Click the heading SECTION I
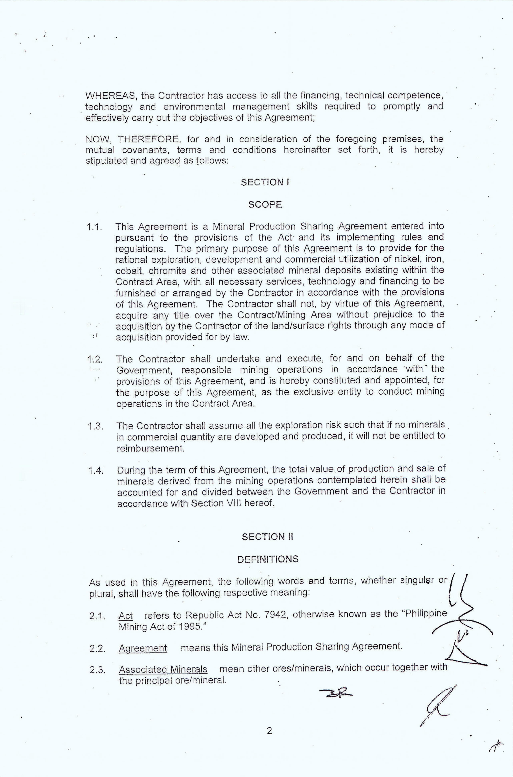[265, 182]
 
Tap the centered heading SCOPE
[265, 205]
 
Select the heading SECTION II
[267, 537]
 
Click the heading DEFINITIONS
[268, 559]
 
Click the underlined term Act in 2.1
[126, 616]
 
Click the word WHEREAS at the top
[110, 96]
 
